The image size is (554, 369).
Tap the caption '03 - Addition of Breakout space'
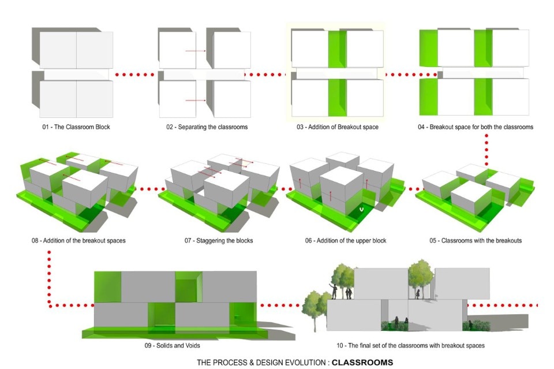coord(338,126)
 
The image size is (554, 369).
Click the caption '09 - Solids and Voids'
coord(173,345)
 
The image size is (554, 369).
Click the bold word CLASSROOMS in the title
coord(362,363)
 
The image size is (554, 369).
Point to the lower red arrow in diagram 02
coord(196,101)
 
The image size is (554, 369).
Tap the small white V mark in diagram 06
coord(361,210)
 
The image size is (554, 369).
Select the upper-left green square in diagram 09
coord(107,287)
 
